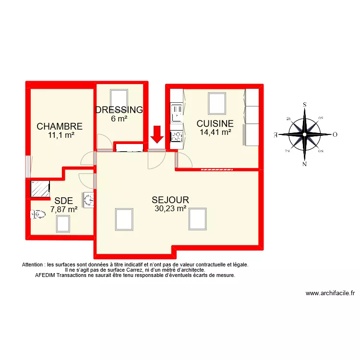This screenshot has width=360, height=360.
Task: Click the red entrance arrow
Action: [x=156, y=134]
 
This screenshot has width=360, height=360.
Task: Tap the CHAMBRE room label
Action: [x=60, y=127]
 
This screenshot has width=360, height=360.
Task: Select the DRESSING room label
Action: [x=120, y=110]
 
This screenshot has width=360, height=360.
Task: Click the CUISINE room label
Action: [x=215, y=123]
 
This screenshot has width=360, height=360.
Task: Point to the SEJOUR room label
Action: [x=170, y=200]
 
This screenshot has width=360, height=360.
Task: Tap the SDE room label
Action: [x=64, y=201]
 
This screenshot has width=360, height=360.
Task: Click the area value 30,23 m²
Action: [x=170, y=208]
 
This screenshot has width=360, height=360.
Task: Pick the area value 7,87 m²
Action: [x=64, y=209]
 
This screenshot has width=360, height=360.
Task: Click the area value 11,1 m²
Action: [x=61, y=135]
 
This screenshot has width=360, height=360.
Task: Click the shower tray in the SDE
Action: [x=40, y=189]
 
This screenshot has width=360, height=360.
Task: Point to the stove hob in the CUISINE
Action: [x=177, y=137]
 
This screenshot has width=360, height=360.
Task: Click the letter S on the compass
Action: [x=305, y=104]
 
